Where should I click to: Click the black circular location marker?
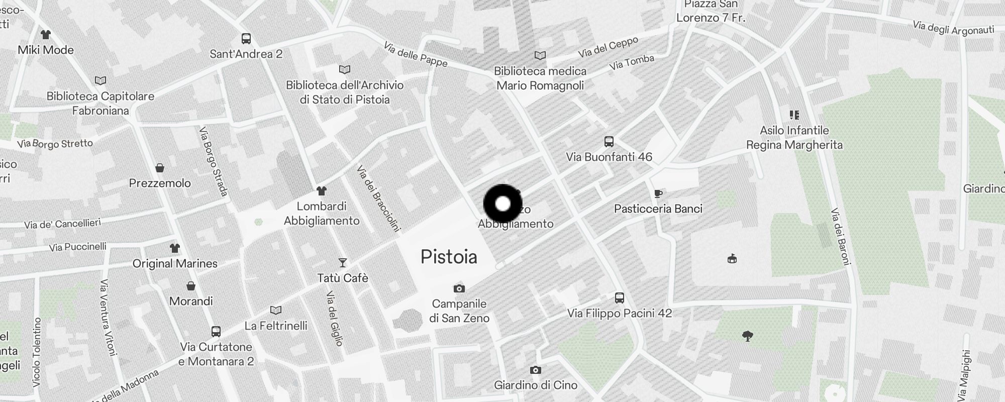pos(502,204)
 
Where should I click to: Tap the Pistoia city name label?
pos(449,257)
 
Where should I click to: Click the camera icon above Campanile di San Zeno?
pos(459,288)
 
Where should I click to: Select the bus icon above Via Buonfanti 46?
pos(609,141)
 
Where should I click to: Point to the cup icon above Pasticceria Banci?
pos(658,193)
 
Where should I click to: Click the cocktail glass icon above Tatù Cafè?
pos(343,262)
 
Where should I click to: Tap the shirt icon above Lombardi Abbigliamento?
pos(322,191)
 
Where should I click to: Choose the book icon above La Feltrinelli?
pos(276,310)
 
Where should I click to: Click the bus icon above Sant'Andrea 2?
pos(246,38)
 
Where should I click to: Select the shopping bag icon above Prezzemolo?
pos(160,167)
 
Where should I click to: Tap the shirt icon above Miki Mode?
pos(46,35)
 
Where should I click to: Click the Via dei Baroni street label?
pos(841,236)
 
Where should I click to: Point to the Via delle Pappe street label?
pos(415,54)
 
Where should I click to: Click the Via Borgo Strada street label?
pos(214,161)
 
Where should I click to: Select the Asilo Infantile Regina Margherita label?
pos(794,138)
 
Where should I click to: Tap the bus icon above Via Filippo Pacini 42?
pos(620,297)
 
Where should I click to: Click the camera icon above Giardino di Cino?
pos(536,370)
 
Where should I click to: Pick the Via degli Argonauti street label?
pos(953,28)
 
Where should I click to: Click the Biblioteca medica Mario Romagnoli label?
pos(540,78)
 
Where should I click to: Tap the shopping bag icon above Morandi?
pos(191,286)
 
